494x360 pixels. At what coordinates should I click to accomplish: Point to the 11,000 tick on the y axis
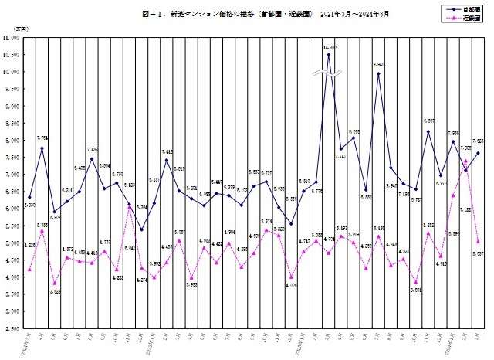[12, 37]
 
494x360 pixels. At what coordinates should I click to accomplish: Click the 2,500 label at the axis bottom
[12, 328]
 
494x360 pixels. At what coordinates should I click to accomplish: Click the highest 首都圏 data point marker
[329, 55]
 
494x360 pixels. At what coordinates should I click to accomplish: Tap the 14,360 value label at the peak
[330, 47]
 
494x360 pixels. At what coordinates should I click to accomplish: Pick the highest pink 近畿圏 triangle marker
[466, 161]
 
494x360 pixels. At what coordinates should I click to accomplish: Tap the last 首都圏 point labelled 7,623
[479, 153]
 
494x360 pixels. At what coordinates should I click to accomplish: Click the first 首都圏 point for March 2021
[29, 197]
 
